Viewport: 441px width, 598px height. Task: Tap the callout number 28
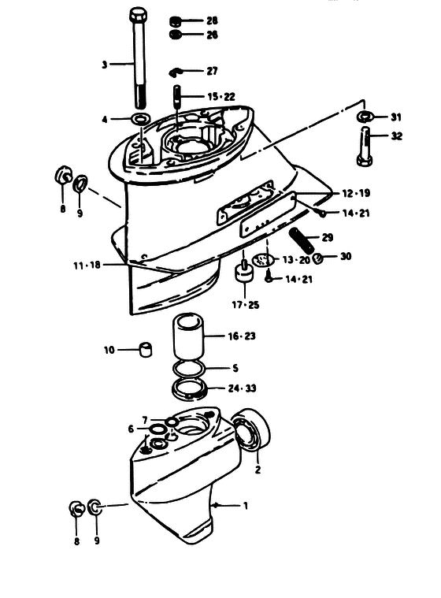pos(212,20)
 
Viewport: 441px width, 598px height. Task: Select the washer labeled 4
pos(141,119)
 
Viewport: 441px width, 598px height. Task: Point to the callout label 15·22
pos(221,96)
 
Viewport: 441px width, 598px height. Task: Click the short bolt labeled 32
pos(365,147)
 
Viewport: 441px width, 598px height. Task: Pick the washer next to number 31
pos(365,117)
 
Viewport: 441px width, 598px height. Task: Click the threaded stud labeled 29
pos(303,240)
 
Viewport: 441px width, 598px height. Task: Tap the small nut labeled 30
pos(317,258)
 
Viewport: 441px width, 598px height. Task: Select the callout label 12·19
pos(356,193)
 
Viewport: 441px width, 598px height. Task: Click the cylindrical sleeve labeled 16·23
pos(188,336)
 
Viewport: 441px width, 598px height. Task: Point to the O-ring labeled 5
pos(189,369)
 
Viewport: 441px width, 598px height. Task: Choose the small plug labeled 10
pos(145,349)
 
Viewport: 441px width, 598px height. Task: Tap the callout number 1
pos(246,506)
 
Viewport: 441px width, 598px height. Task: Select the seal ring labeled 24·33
pos(190,390)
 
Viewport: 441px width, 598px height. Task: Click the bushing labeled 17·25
pos(243,273)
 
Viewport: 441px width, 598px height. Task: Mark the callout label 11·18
pos(87,265)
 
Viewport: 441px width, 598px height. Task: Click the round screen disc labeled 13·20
pos(263,261)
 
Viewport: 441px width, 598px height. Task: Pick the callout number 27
pos(212,71)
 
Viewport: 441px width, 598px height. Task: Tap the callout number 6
pos(131,429)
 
